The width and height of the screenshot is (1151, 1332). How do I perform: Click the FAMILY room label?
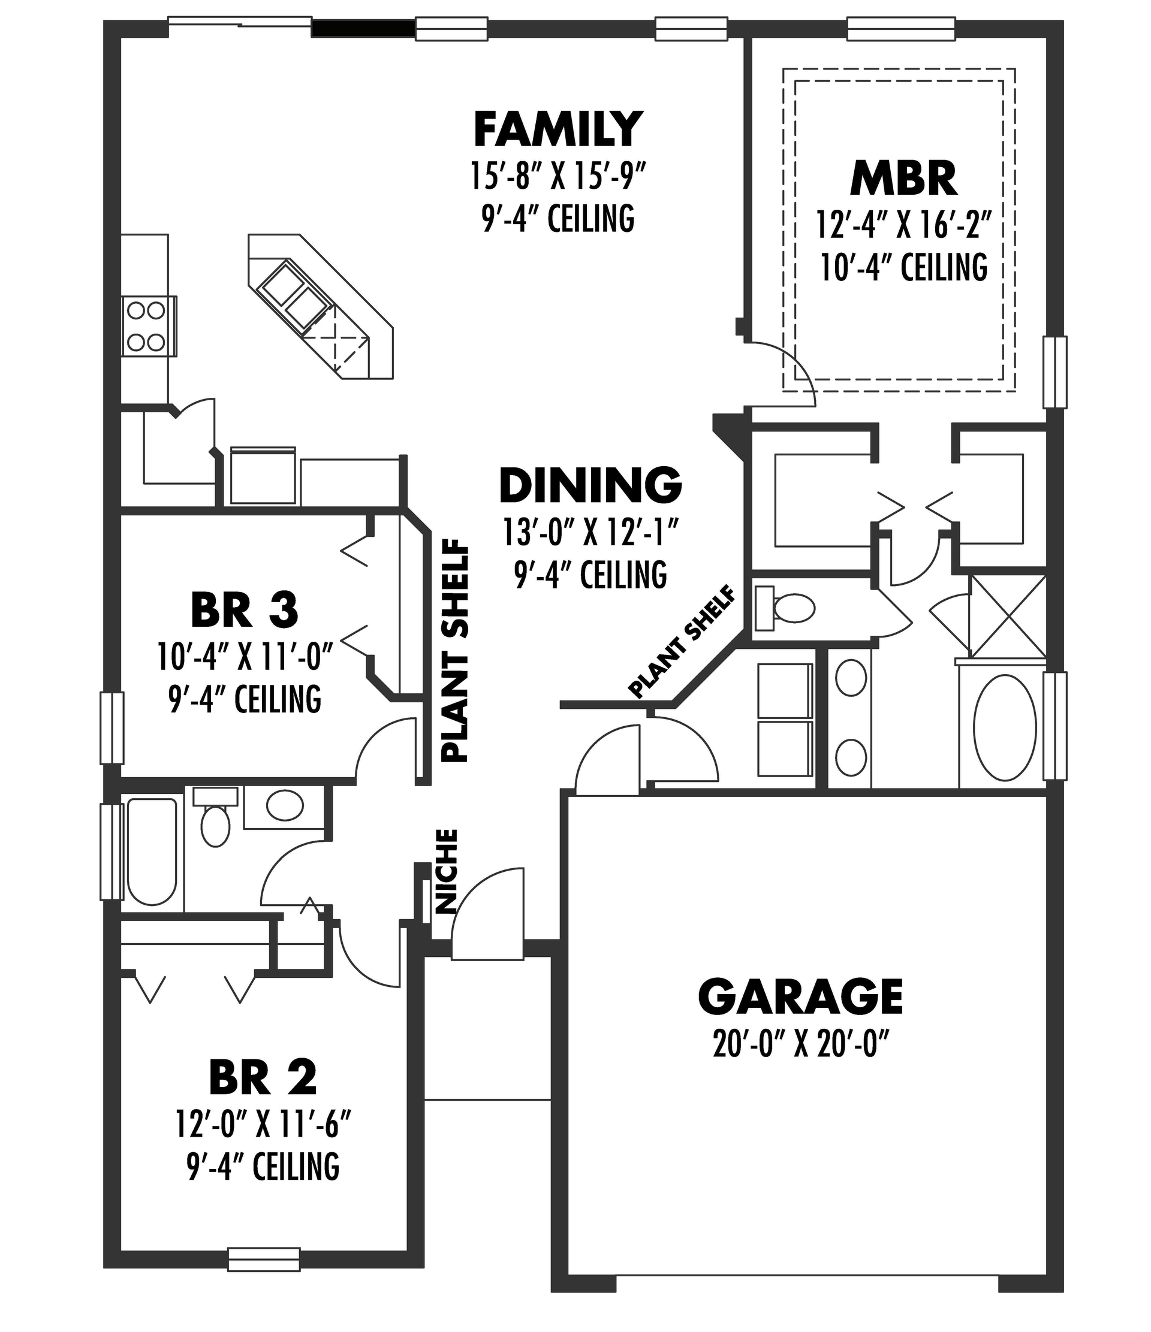click(x=558, y=130)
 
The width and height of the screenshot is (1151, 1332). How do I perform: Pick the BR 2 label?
click(x=263, y=1078)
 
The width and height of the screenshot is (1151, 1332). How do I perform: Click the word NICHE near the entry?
click(x=446, y=871)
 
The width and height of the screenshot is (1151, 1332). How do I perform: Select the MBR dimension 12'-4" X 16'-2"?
click(x=903, y=225)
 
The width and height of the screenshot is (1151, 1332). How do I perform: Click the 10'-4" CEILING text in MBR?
click(x=903, y=267)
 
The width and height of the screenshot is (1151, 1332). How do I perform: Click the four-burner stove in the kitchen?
click(x=147, y=326)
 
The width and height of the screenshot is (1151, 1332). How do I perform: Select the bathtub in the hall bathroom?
click(x=152, y=850)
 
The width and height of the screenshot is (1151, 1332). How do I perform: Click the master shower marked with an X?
click(x=1008, y=616)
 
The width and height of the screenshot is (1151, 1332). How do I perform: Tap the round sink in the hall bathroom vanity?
click(x=285, y=805)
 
